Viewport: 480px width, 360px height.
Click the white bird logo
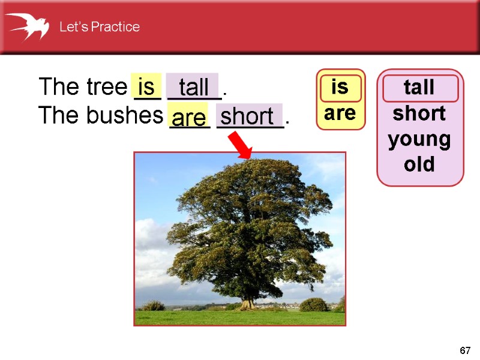tap(27, 26)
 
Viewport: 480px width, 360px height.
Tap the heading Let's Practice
tap(99, 27)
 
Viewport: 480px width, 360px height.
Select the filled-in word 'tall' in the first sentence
tap(193, 86)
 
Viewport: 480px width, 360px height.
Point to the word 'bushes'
tap(125, 115)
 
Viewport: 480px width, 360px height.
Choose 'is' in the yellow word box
tap(340, 87)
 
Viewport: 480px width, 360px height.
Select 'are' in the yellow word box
tap(340, 113)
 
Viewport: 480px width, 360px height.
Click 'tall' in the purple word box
tap(419, 88)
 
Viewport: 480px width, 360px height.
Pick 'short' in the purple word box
tap(419, 113)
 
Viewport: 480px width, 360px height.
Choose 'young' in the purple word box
tap(419, 139)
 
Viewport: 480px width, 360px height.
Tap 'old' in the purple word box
tap(419, 164)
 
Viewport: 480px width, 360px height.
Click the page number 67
tap(465, 350)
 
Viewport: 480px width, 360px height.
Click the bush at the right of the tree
tap(313, 305)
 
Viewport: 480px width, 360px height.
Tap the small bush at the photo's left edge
tap(154, 305)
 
